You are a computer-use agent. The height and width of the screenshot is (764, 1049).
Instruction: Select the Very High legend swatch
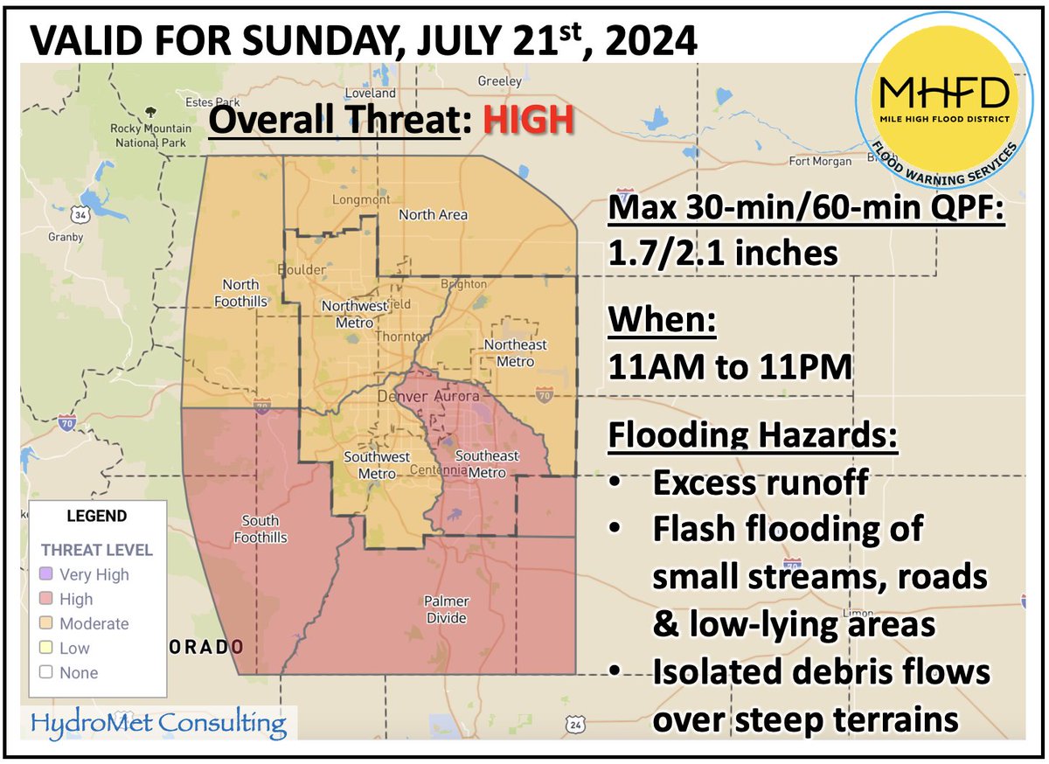pos(47,574)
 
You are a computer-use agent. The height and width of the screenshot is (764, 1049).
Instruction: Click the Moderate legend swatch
pos(47,623)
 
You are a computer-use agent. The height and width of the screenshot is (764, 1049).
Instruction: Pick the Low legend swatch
pos(47,648)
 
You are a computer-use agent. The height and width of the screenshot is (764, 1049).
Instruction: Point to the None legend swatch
pos(47,672)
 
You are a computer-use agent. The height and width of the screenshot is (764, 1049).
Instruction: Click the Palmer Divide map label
pos(447,609)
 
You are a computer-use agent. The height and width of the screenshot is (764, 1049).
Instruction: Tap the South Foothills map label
pos(261,529)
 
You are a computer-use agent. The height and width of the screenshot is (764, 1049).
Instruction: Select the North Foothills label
pos(240,293)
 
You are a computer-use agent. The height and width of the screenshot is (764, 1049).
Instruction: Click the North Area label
pos(433,214)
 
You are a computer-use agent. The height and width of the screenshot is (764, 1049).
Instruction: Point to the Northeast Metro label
pos(520,352)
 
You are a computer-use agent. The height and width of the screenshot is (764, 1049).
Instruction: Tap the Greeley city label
pos(499,81)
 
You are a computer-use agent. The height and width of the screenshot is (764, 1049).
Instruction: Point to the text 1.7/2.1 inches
pos(724,254)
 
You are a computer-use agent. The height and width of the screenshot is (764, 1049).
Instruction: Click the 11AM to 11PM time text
pos(731,367)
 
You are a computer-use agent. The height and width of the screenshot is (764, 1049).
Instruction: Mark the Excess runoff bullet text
pos(761,483)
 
